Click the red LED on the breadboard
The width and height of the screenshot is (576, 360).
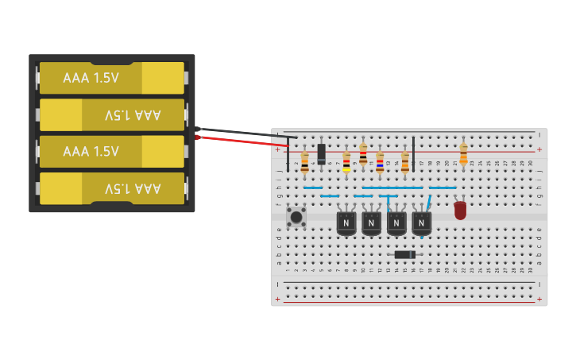tap(460, 211)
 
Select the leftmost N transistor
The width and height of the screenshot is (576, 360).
tap(346, 223)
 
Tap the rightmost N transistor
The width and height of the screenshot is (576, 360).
tap(422, 223)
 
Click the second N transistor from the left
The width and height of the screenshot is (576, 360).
tap(371, 223)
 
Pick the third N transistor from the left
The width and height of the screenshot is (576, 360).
tap(396, 223)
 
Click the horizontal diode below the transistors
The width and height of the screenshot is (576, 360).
tap(404, 254)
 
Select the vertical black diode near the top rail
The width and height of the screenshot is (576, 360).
tap(321, 153)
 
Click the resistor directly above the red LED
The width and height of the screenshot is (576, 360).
tap(463, 153)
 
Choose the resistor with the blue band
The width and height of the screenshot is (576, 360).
tap(380, 162)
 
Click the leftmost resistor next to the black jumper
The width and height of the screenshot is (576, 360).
tap(304, 162)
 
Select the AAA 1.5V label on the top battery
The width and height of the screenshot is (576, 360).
tap(91, 78)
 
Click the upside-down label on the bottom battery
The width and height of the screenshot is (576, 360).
tap(132, 188)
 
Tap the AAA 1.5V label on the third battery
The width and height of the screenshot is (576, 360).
tap(91, 151)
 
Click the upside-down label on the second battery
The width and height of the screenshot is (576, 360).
tap(132, 115)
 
